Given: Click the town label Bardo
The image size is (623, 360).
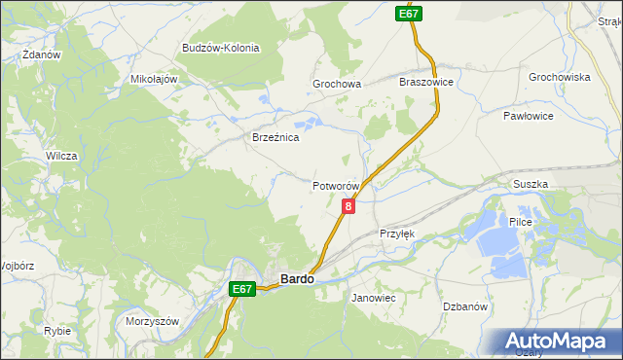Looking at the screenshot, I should click(x=297, y=279).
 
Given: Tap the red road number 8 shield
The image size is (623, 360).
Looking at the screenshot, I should click(x=348, y=206).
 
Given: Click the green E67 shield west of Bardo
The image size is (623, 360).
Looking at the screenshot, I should click(x=243, y=289).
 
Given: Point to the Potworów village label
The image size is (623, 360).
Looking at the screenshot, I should click(x=337, y=186).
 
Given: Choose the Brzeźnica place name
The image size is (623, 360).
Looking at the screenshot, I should click(x=275, y=138).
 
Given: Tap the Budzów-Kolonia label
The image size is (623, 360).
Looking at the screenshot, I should click(x=219, y=48).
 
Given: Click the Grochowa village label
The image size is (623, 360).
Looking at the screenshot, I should click(x=337, y=85).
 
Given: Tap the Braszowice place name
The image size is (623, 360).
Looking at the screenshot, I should click(x=426, y=83).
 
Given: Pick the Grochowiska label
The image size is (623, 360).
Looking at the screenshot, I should click(x=560, y=77).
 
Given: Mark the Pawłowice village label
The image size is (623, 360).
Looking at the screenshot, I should click(x=529, y=116).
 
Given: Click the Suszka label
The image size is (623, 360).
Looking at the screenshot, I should click(x=531, y=184).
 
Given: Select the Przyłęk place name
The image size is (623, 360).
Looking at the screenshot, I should click(x=397, y=234).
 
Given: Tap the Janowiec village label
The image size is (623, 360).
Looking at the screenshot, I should click(x=373, y=297).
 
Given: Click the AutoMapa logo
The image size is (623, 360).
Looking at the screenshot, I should click(x=558, y=341).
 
